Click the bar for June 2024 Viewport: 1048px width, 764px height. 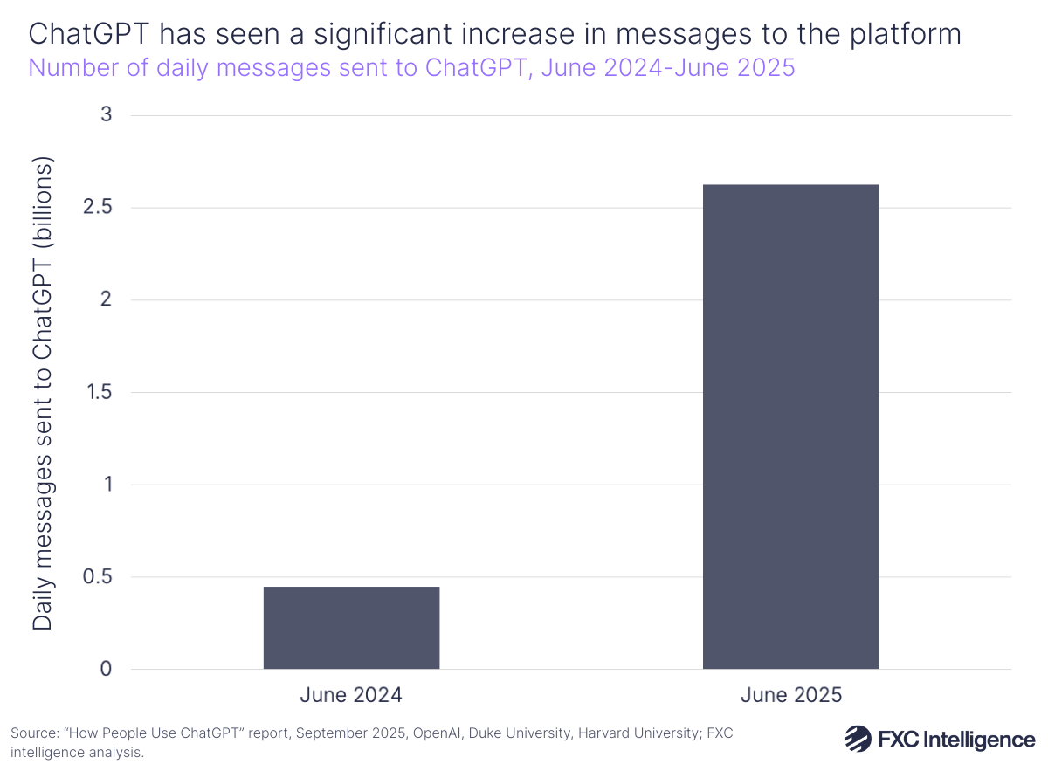[351, 628]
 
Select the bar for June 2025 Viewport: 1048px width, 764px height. [790, 427]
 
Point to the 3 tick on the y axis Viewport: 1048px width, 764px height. [107, 115]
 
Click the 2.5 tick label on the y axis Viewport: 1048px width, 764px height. [99, 208]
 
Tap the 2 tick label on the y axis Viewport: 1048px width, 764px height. [107, 300]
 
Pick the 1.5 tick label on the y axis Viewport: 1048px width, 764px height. [100, 393]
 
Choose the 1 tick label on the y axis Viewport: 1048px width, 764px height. [108, 485]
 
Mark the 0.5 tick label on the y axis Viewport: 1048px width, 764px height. [99, 577]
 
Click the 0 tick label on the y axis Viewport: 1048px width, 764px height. [107, 670]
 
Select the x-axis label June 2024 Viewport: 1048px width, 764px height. [351, 696]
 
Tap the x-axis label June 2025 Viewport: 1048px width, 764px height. [790, 696]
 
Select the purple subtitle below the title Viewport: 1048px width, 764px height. [411, 67]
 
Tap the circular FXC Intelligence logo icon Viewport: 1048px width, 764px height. [857, 739]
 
